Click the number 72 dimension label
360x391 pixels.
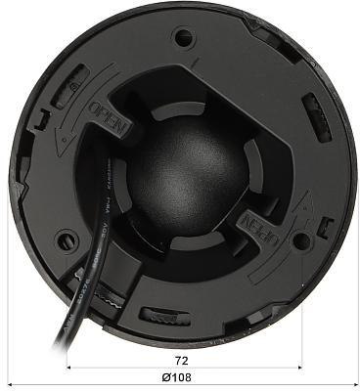tap(180, 360)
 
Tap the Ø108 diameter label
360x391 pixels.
tap(180, 377)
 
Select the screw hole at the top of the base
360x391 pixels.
tap(181, 38)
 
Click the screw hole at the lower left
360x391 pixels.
tap(67, 238)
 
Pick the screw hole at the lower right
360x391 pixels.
tap(300, 239)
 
